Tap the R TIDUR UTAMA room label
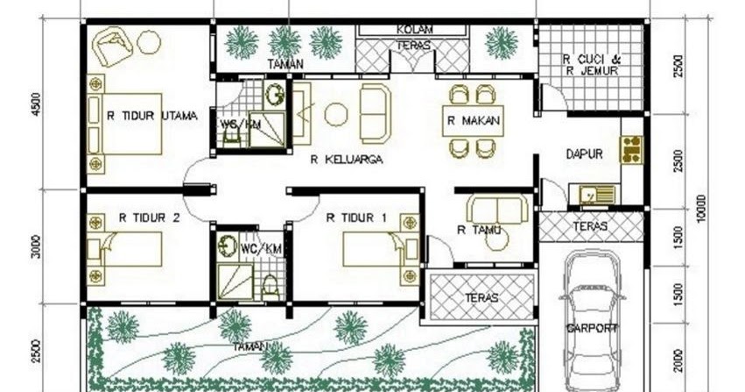click(151, 115)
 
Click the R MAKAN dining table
click(473, 122)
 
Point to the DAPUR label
click(584, 153)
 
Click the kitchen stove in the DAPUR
click(632, 150)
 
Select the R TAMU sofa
click(496, 210)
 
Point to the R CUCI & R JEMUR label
click(592, 66)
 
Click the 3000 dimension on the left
click(35, 249)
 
